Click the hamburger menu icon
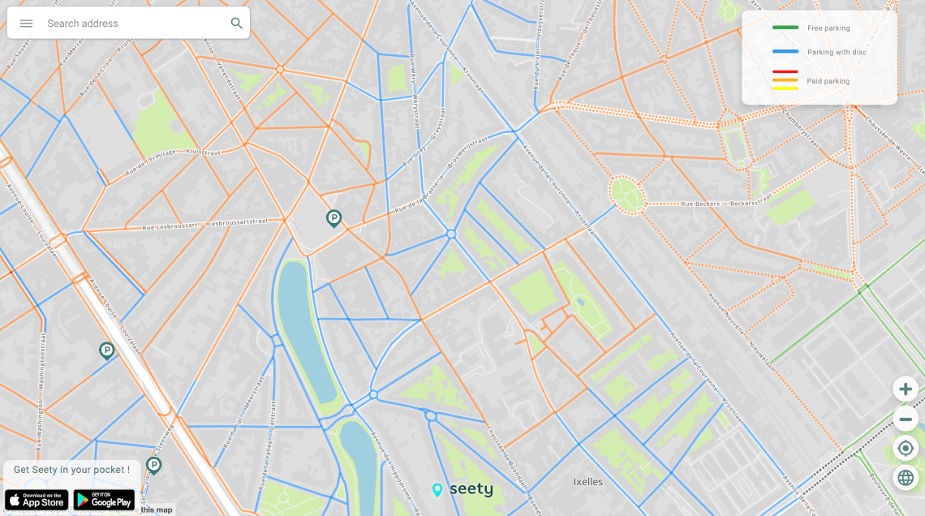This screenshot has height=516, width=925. click(26, 24)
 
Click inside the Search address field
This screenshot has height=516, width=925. click(130, 24)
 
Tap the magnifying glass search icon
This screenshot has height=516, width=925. click(236, 24)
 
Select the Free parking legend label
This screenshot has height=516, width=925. click(828, 28)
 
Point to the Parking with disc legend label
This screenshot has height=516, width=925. click(837, 53)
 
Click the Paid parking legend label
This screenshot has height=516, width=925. click(828, 81)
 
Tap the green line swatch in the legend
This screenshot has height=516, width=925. click(785, 28)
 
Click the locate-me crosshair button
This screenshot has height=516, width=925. click(906, 448)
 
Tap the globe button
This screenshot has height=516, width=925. click(906, 478)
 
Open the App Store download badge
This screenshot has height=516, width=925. click(37, 500)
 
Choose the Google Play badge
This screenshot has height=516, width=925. click(104, 500)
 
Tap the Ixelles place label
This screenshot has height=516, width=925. click(588, 482)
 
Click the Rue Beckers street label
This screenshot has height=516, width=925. click(699, 204)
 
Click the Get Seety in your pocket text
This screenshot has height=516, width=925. click(71, 470)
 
